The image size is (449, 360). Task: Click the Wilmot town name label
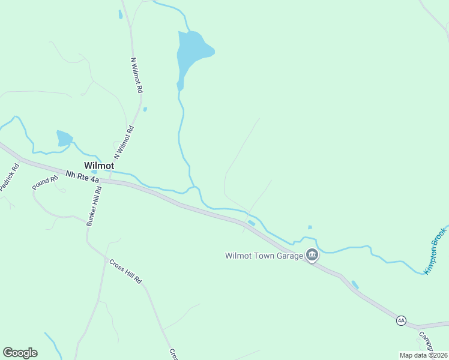point(99,165)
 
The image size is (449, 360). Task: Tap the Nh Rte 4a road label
point(82,175)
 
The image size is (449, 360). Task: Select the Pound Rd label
point(46,183)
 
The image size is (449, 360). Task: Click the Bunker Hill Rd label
point(94,206)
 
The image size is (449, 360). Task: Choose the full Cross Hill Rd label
point(125,271)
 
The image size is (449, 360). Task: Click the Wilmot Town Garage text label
point(264,256)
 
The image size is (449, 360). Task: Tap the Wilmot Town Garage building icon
point(312,256)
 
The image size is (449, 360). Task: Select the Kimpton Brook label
point(436,250)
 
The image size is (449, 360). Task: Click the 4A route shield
point(401,321)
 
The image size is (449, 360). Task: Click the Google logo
point(20,353)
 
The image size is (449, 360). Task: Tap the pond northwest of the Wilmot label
point(64,139)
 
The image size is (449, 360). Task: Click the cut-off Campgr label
point(427,342)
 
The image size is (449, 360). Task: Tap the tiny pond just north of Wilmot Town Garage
point(310,227)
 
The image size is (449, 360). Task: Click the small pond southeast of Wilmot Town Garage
point(355,284)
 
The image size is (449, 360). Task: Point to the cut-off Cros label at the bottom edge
point(173,354)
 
